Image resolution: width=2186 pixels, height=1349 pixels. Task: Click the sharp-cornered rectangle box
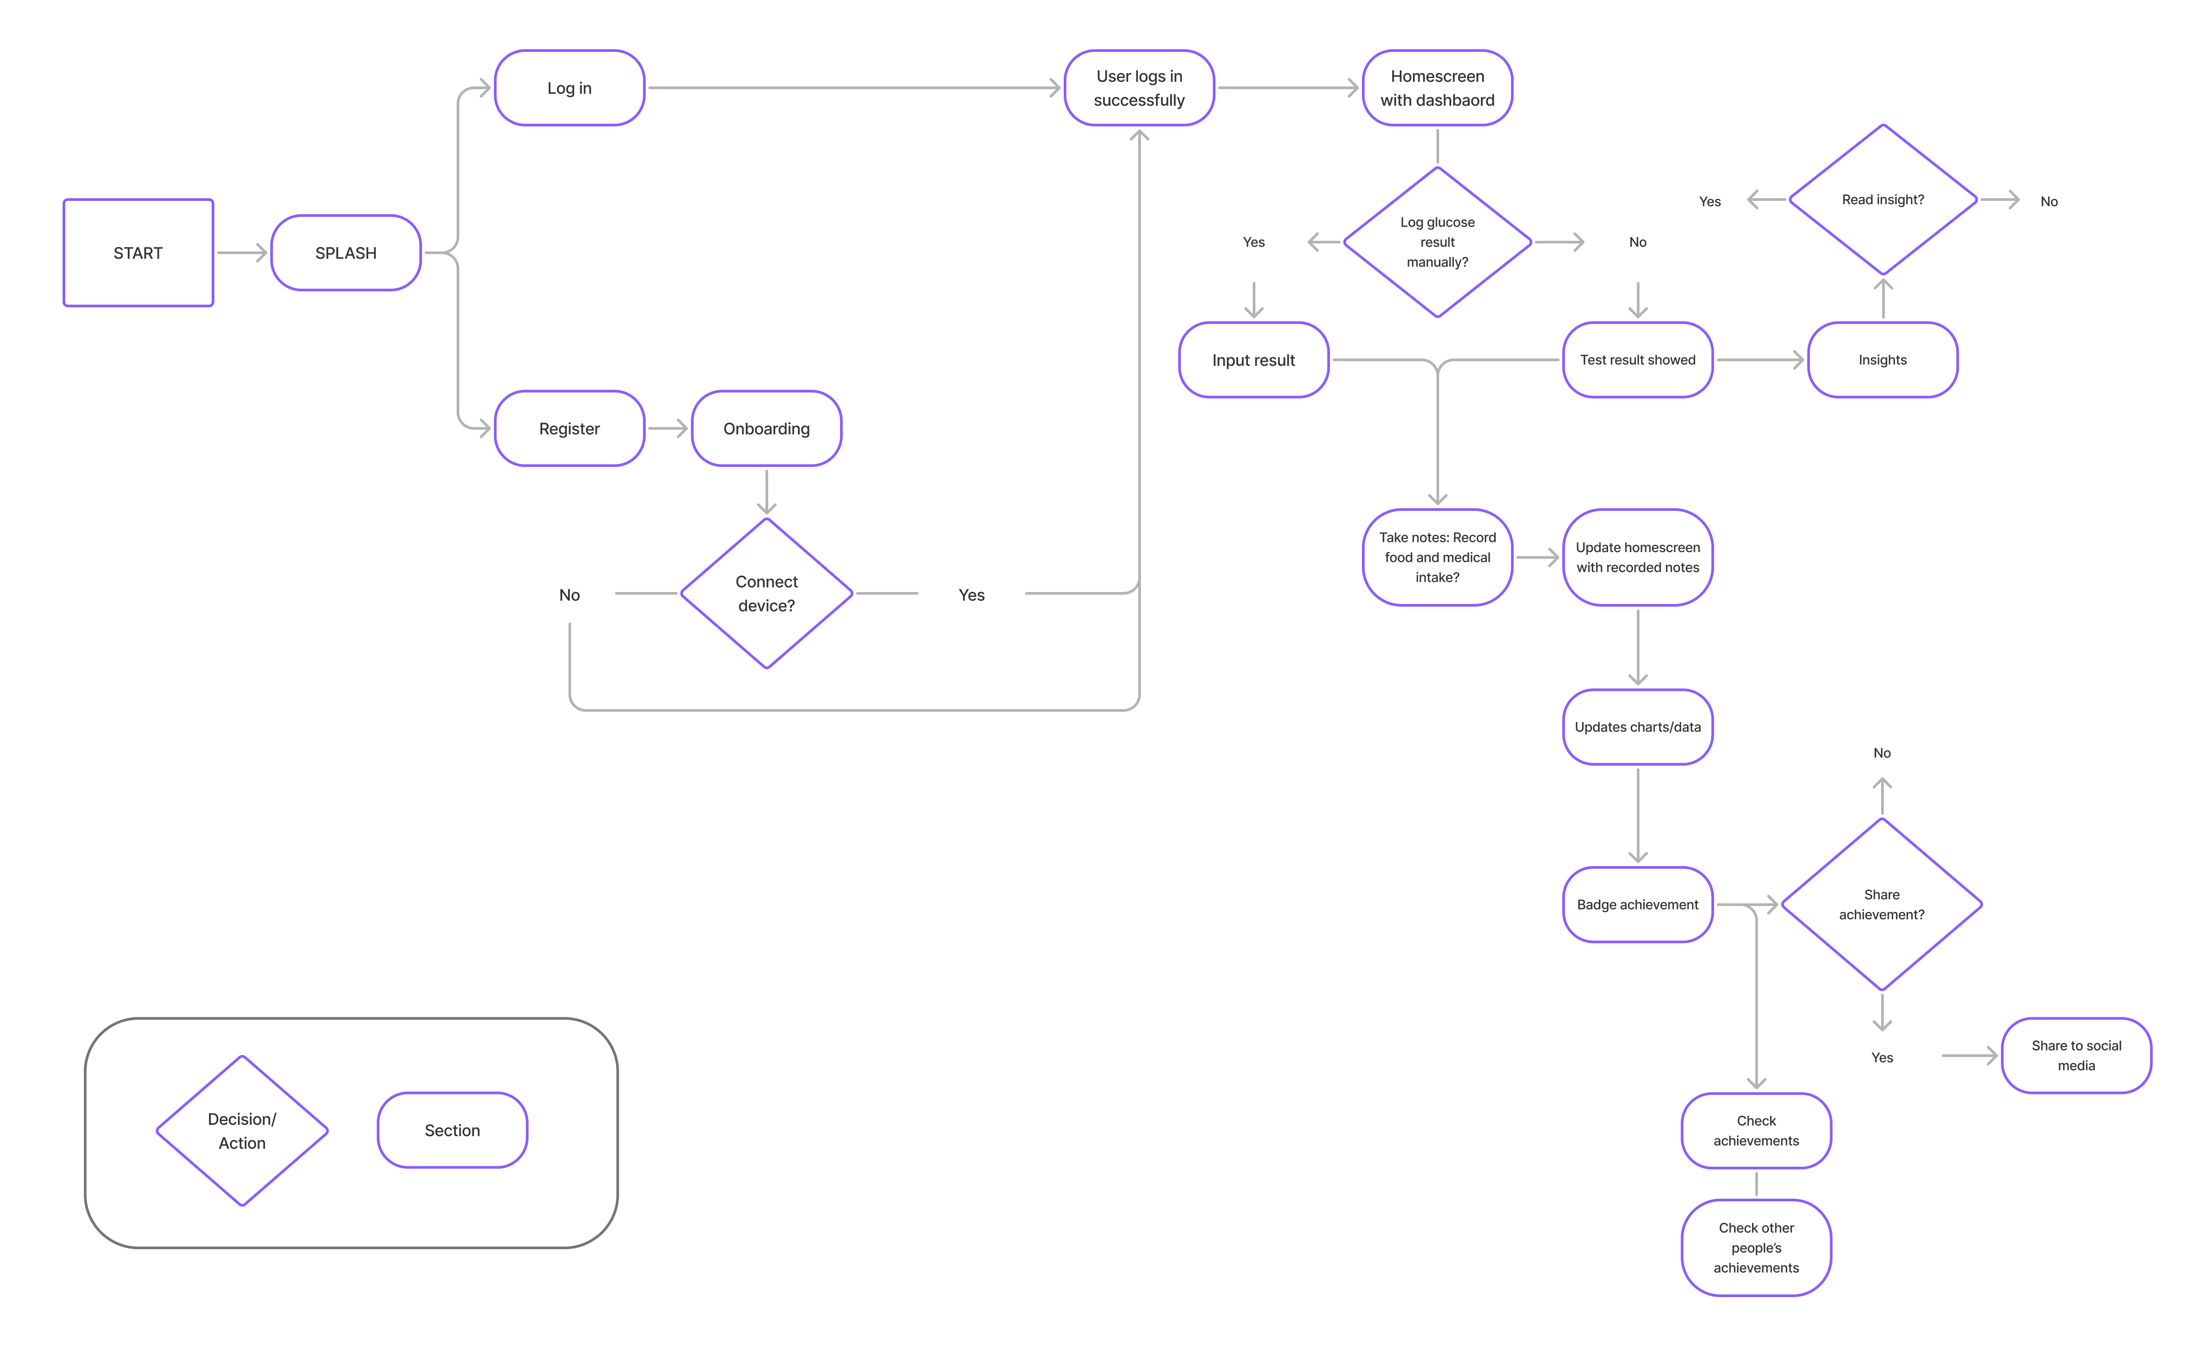pyautogui.click(x=138, y=252)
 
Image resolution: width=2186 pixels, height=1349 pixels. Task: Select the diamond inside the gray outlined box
pyautogui.click(x=242, y=1130)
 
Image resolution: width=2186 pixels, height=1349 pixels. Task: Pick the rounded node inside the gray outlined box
pyautogui.click(x=453, y=1129)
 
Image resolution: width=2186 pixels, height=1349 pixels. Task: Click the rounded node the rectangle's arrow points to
pyautogui.click(x=345, y=252)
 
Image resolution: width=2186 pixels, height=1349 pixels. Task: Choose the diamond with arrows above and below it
pyautogui.click(x=1882, y=904)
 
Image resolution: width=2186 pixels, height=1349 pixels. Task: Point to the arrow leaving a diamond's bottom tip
pyautogui.click(x=1882, y=1013)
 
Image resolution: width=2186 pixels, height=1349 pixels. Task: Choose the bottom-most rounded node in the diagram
pyautogui.click(x=1756, y=1247)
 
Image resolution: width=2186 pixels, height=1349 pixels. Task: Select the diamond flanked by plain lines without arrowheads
pyautogui.click(x=766, y=592)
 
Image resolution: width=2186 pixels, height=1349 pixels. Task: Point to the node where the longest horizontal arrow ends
pyautogui.click(x=1139, y=87)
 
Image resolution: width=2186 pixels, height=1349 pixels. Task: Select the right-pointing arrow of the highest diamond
pyautogui.click(x=2000, y=199)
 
